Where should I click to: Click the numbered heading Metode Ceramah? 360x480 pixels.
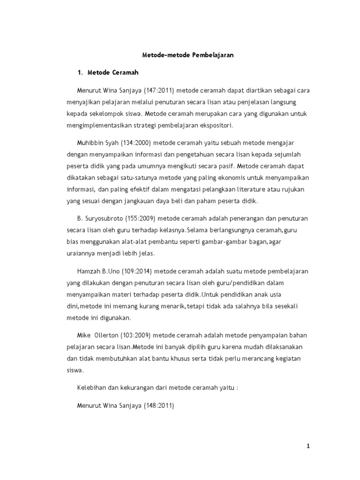point(112,73)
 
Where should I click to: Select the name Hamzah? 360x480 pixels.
point(89,271)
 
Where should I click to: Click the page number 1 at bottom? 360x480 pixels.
point(308,446)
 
